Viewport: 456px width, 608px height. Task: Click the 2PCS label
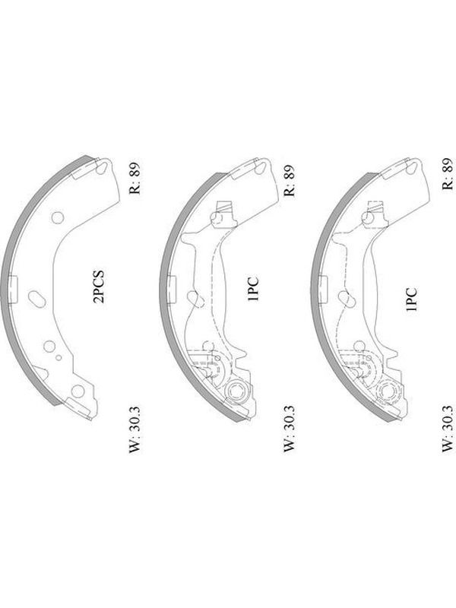tap(100, 287)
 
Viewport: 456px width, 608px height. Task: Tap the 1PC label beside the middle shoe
tap(254, 289)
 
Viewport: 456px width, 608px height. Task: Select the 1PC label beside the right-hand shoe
tap(411, 299)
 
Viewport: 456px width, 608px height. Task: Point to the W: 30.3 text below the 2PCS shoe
tap(135, 429)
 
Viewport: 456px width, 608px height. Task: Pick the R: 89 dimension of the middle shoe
tap(290, 180)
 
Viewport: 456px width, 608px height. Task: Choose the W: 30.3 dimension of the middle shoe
tap(290, 429)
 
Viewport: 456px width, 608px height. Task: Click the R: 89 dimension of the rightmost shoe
tap(448, 173)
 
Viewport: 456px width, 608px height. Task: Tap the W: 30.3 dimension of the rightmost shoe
tap(448, 429)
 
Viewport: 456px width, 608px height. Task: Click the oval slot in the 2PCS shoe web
tap(36, 299)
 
